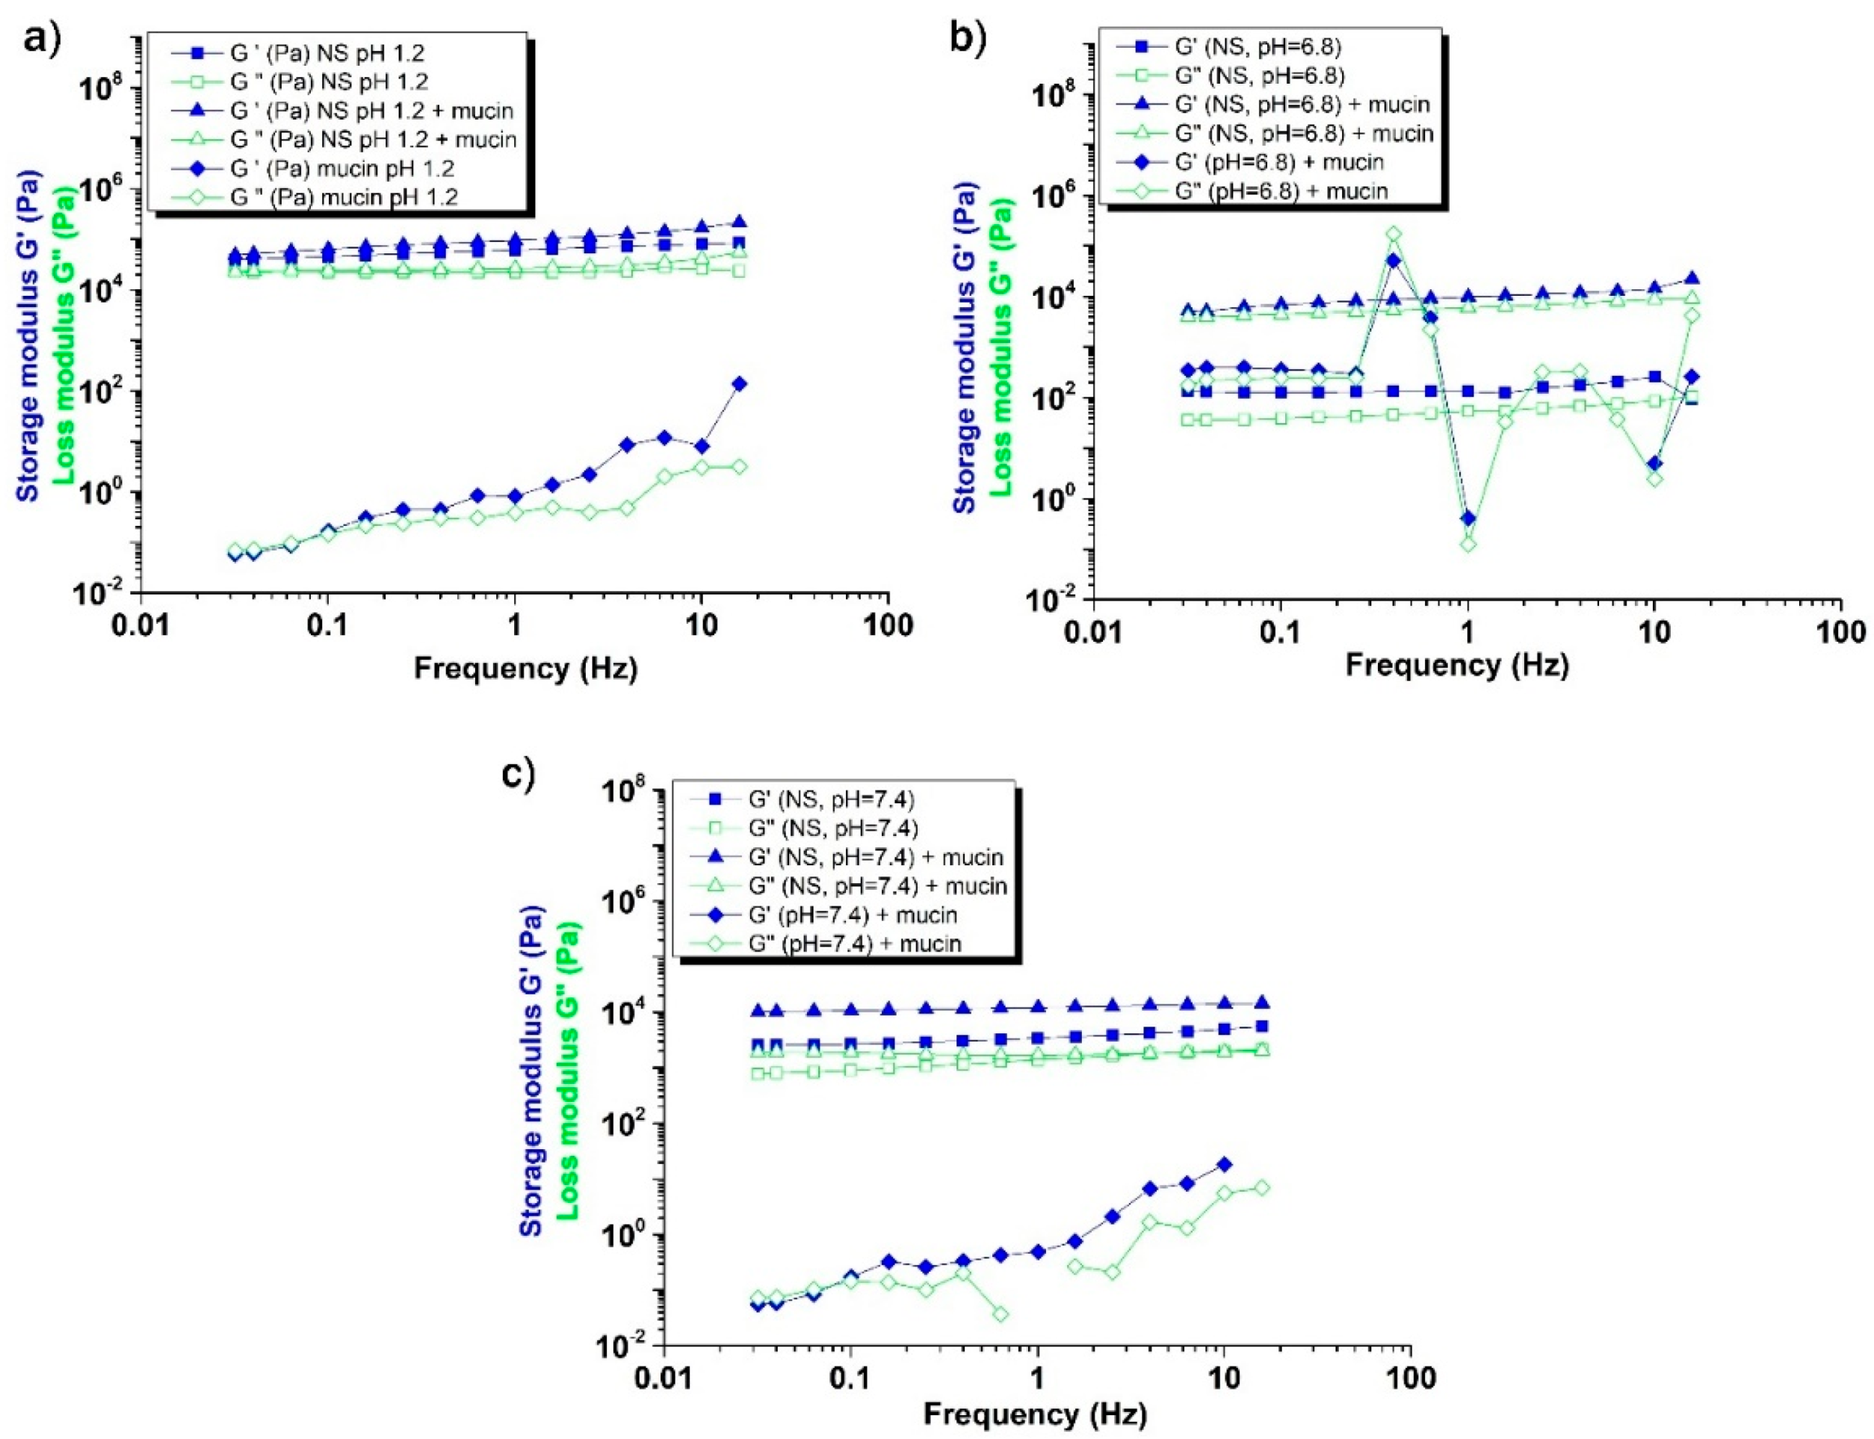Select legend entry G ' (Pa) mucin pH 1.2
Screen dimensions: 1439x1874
(x=343, y=168)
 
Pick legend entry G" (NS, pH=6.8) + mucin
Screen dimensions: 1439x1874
(x=1302, y=134)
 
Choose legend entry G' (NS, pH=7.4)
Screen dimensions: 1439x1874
(x=831, y=799)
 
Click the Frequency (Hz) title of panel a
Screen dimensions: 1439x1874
(x=525, y=668)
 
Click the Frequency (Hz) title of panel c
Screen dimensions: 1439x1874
(x=1035, y=1414)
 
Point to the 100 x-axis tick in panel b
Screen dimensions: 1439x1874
(x=1840, y=633)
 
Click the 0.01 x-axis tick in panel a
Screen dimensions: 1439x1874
(x=140, y=625)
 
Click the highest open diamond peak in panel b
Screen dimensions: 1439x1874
(x=1394, y=234)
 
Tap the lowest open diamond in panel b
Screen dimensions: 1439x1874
(x=1468, y=544)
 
